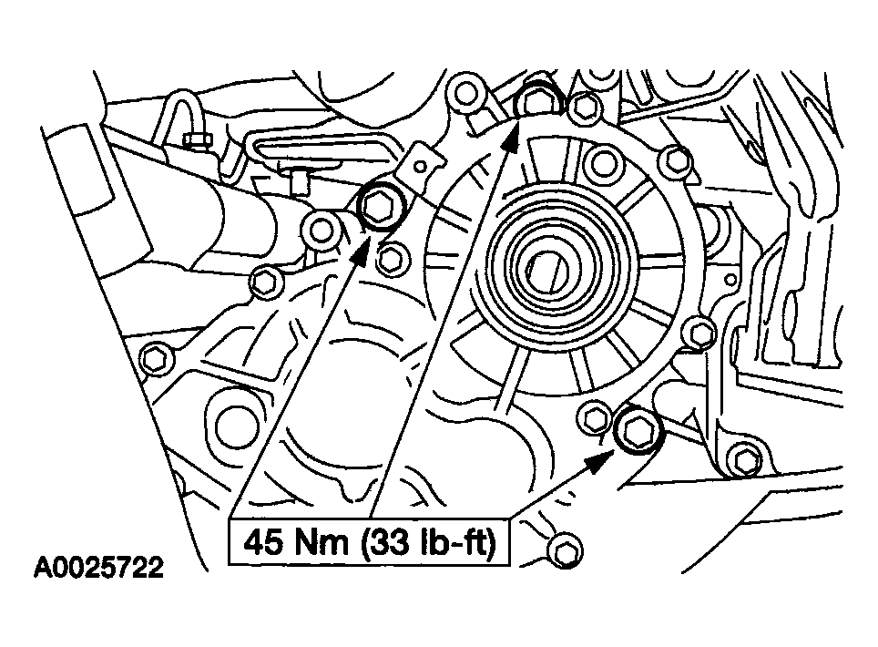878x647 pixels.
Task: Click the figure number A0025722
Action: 98,567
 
